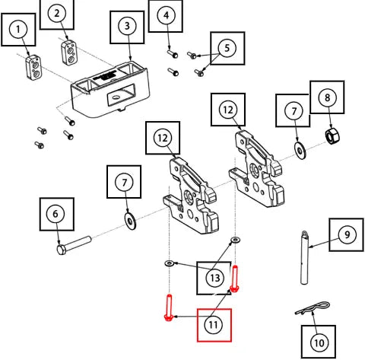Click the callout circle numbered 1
pyautogui.click(x=18, y=30)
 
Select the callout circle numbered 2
pyautogui.click(x=57, y=13)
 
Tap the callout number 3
pyautogui.click(x=127, y=26)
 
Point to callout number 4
pyautogui.click(x=166, y=15)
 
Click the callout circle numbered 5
pyautogui.click(x=227, y=48)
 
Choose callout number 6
pyautogui.click(x=56, y=214)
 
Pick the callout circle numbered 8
pyautogui.click(x=327, y=97)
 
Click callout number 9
pyautogui.click(x=347, y=234)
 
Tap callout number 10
pyautogui.click(x=319, y=342)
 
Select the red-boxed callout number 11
pyautogui.click(x=213, y=324)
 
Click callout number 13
pyautogui.click(x=215, y=278)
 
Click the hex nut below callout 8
pyautogui.click(x=332, y=136)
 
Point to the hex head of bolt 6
pyautogui.click(x=62, y=250)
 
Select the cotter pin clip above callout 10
pyautogui.click(x=313, y=307)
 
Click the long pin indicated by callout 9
pyautogui.click(x=305, y=258)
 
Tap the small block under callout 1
pyautogui.click(x=33, y=68)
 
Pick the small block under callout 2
pyautogui.click(x=69, y=53)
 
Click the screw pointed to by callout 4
pyautogui.click(x=173, y=53)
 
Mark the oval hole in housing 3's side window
pyautogui.click(x=116, y=97)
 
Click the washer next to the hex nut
pyautogui.click(x=300, y=151)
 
